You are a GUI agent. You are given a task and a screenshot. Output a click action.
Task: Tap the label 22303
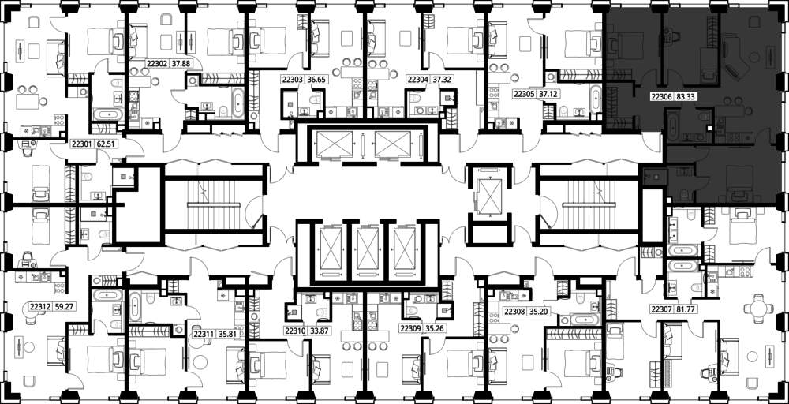tap(293, 79)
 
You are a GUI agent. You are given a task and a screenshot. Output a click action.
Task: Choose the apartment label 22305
tap(523, 94)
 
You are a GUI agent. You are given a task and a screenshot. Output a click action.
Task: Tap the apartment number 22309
tap(410, 328)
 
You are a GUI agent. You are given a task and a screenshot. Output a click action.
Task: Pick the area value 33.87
tap(316, 331)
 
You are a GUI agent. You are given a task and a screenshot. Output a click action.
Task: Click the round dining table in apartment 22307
tap(757, 308)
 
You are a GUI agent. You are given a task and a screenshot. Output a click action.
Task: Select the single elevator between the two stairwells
tap(488, 196)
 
